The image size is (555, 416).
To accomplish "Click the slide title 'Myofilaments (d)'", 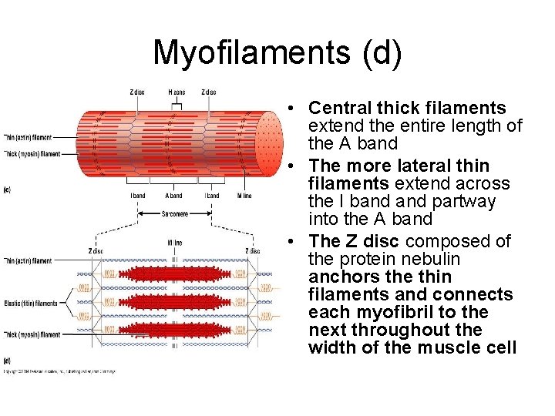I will (x=277, y=53).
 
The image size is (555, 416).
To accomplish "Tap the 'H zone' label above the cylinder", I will (x=176, y=92).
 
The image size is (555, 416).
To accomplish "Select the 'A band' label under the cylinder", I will (x=174, y=196).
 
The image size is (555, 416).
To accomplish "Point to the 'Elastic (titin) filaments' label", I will (x=30, y=304).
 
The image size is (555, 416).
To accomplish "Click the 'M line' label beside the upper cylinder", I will (x=244, y=196).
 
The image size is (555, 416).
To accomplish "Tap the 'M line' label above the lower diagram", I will (x=175, y=243).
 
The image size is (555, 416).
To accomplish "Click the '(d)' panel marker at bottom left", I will (x=7, y=361).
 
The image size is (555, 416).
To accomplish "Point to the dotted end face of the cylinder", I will (x=268, y=143).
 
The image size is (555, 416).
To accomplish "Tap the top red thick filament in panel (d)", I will (x=176, y=273).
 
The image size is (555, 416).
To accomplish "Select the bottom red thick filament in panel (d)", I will (x=176, y=330).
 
